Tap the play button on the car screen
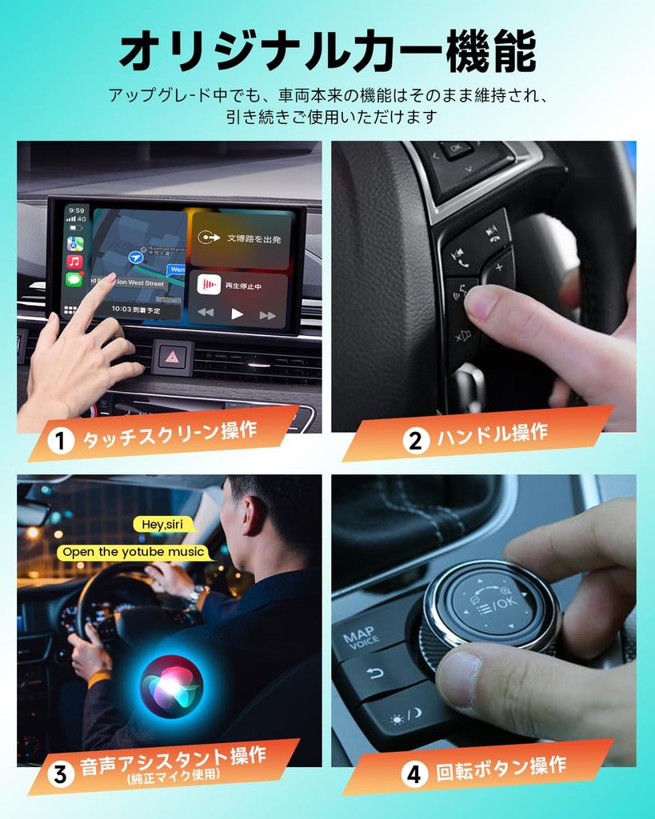coord(237,314)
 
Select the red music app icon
coord(74,262)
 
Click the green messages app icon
coord(74,279)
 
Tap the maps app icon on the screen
coord(74,244)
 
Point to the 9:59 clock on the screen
coord(75,211)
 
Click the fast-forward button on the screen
coord(267,314)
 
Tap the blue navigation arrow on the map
coord(136,257)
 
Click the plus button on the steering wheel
coord(499,266)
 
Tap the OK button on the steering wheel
coord(457,149)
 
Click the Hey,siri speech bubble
coord(165,525)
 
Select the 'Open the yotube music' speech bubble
coord(134,552)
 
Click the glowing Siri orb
coord(171,686)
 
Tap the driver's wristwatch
coord(196,594)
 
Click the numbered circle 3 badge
coord(59,773)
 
